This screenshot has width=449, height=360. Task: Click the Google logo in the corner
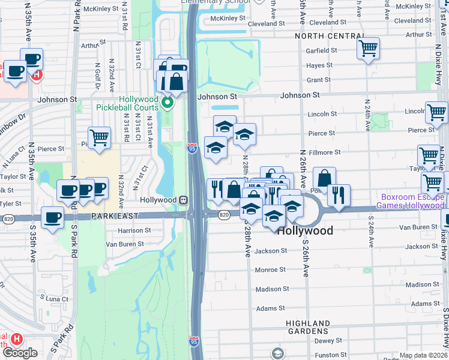click(x=20, y=352)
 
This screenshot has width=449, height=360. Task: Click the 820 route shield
click(x=224, y=215)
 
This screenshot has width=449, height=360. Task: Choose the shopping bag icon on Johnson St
click(x=176, y=81)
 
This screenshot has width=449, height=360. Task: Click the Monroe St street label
click(x=270, y=270)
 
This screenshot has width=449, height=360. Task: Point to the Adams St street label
click(x=270, y=308)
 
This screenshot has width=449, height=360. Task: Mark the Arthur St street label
click(x=89, y=44)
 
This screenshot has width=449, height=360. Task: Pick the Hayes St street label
click(x=319, y=65)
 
